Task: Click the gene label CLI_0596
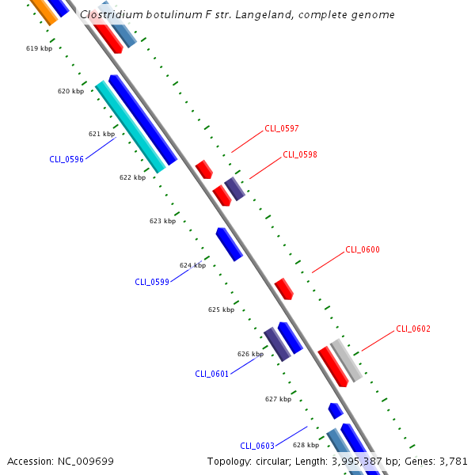coord(66,159)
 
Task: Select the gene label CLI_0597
coord(282,128)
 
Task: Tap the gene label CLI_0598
coord(300,154)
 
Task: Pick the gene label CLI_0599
coord(152,282)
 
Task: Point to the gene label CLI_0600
coord(363,250)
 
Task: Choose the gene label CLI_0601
coord(212,374)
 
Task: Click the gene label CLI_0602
coord(413,329)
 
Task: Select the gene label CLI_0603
coord(257,446)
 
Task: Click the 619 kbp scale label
coord(39,48)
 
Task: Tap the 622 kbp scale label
coord(132,177)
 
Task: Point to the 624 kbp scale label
coord(192,265)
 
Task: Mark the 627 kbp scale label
coord(278,399)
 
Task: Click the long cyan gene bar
coord(131,127)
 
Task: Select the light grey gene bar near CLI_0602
coord(346,360)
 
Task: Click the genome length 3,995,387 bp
coord(371,461)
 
